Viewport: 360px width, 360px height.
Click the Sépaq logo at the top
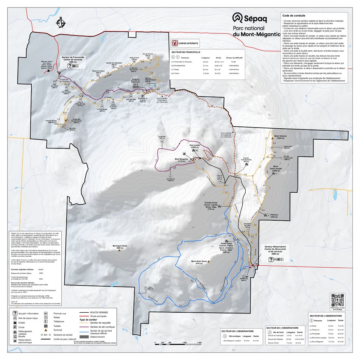click(x=250, y=18)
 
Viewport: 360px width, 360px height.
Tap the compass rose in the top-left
click(x=60, y=23)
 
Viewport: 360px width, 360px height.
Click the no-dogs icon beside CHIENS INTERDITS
click(x=175, y=44)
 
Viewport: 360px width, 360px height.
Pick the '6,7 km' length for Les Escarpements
click(x=206, y=65)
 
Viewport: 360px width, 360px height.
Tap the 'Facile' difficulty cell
click(x=234, y=61)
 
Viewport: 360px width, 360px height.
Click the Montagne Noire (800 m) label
click(x=120, y=247)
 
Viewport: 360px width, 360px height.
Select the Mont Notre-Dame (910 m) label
click(x=199, y=262)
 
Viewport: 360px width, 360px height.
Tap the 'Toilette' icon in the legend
click(x=46, y=325)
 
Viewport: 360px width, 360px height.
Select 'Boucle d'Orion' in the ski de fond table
click(x=273, y=343)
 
